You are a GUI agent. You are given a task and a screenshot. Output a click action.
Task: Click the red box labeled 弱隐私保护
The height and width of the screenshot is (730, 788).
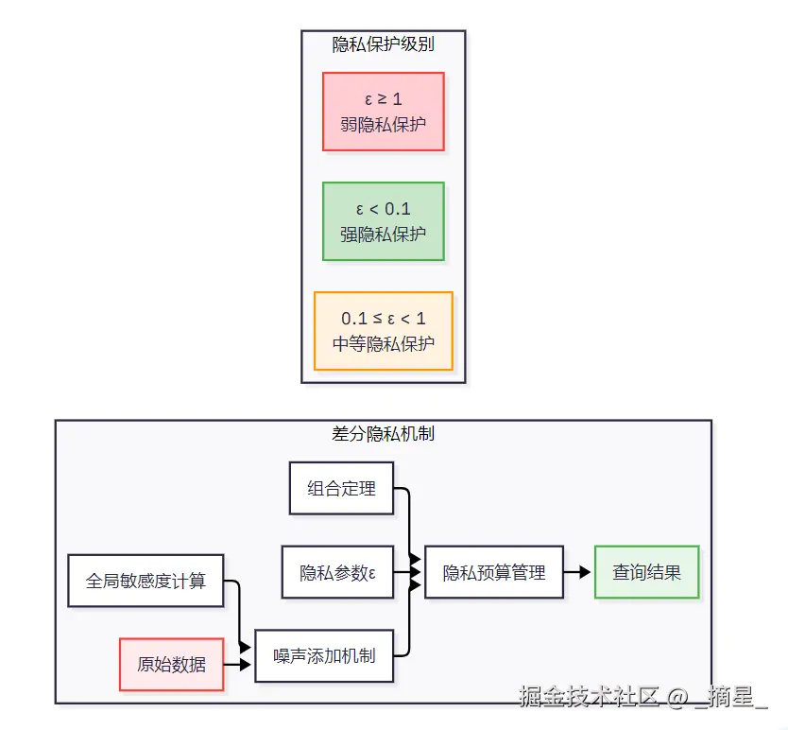pyautogui.click(x=384, y=112)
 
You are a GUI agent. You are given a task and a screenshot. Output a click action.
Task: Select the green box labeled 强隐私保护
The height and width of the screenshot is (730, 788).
pyautogui.click(x=384, y=221)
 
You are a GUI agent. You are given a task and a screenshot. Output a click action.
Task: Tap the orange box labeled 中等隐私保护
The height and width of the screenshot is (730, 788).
pyautogui.click(x=384, y=331)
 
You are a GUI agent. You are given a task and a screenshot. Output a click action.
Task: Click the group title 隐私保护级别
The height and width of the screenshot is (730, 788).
pyautogui.click(x=384, y=44)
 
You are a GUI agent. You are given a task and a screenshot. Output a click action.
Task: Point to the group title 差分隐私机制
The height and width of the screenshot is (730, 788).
pyautogui.click(x=384, y=434)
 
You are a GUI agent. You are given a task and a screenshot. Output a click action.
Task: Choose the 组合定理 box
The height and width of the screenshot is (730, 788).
pyautogui.click(x=341, y=488)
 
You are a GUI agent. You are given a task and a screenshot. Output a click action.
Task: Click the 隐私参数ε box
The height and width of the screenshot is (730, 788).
pyautogui.click(x=337, y=572)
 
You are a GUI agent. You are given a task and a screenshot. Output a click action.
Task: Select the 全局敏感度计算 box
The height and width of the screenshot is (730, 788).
pyautogui.click(x=146, y=581)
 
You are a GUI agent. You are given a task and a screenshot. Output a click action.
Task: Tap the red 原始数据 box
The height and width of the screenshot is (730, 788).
pyautogui.click(x=171, y=665)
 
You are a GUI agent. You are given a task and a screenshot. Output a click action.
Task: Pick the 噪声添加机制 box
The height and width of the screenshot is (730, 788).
pyautogui.click(x=324, y=656)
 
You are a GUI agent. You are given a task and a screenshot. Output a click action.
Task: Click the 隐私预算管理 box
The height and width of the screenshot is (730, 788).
pyautogui.click(x=494, y=572)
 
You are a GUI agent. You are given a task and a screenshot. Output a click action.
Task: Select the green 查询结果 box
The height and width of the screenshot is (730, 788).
pyautogui.click(x=647, y=572)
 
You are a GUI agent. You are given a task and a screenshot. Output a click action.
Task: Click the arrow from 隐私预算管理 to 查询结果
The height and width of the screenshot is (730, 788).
pyautogui.click(x=577, y=572)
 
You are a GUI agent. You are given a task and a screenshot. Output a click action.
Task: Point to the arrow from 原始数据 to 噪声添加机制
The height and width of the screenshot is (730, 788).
pyautogui.click(x=237, y=665)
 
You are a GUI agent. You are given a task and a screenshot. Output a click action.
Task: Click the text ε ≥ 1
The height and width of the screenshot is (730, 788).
pyautogui.click(x=384, y=99)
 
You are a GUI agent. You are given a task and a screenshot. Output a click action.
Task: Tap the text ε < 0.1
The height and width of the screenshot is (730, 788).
pyautogui.click(x=384, y=209)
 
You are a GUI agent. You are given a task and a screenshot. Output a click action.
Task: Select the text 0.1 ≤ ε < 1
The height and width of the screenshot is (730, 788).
pyautogui.click(x=384, y=319)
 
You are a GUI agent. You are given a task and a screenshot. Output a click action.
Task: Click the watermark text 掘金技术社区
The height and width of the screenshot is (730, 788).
pyautogui.click(x=589, y=696)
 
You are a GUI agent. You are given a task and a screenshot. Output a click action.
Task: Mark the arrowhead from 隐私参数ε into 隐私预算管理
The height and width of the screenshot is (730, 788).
pyautogui.click(x=415, y=572)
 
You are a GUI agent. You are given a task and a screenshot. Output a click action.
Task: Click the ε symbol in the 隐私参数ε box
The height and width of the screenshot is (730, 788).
pyautogui.click(x=372, y=574)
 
